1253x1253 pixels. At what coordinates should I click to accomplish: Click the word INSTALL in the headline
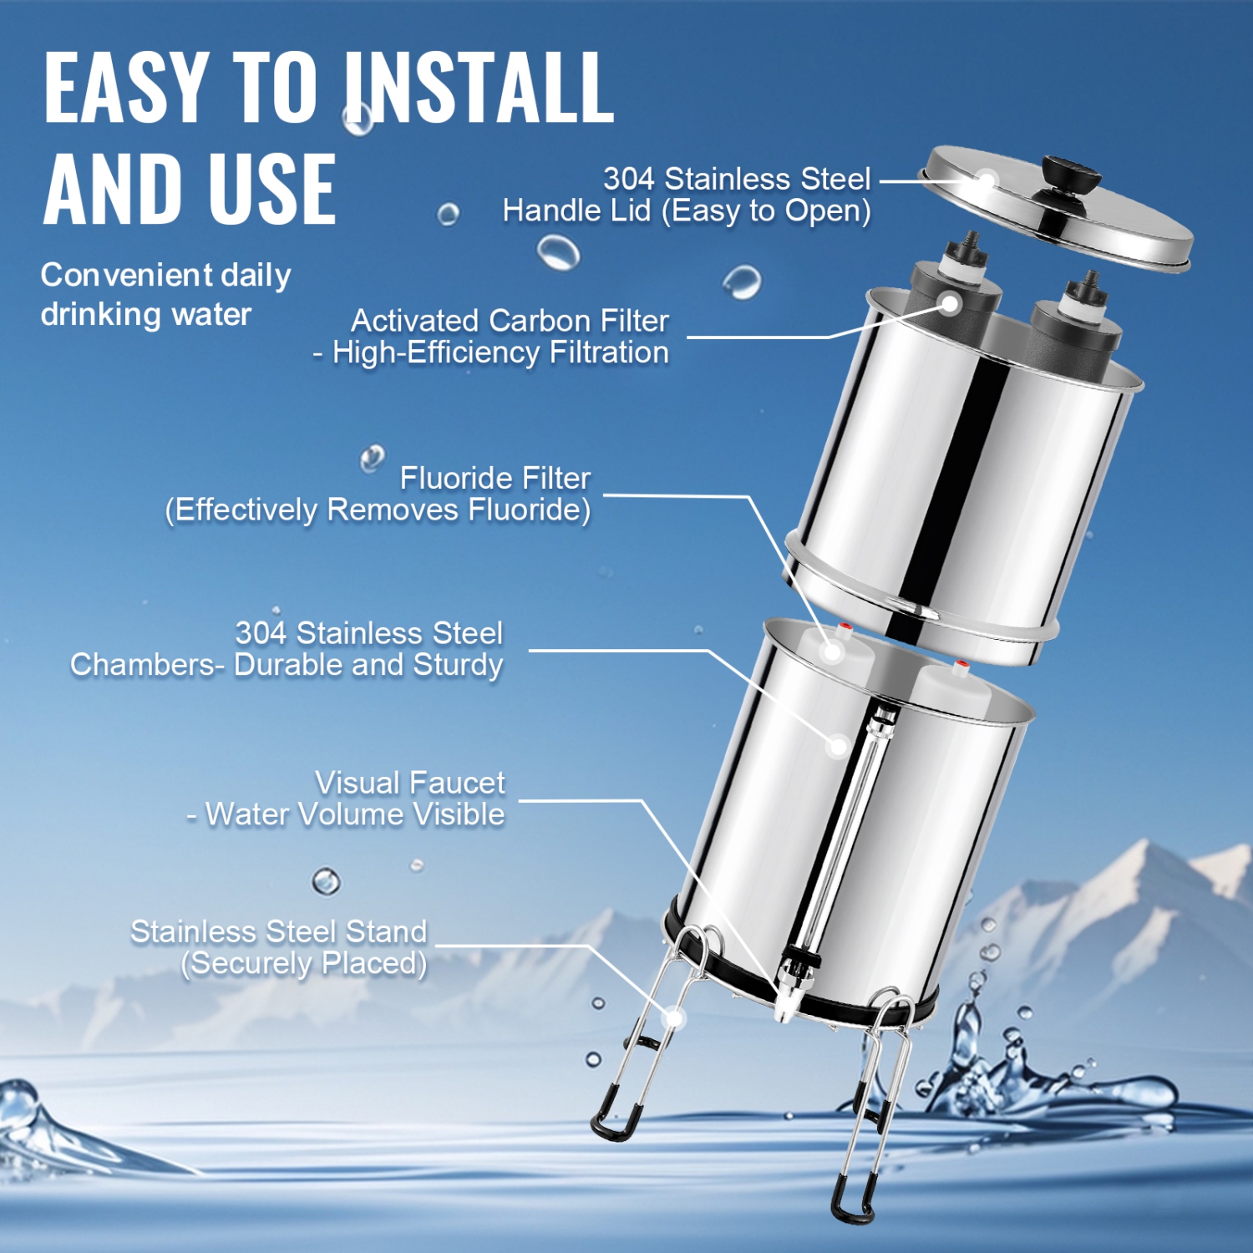point(479,88)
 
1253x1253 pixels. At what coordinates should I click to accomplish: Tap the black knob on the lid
point(1069,172)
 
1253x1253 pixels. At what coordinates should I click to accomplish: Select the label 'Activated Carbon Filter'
point(510,321)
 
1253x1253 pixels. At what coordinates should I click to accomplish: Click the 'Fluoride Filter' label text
point(495,479)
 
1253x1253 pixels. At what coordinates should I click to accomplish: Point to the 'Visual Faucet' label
point(409,784)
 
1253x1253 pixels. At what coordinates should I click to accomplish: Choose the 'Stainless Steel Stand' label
point(278,931)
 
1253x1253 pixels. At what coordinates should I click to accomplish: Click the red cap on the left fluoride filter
point(845,626)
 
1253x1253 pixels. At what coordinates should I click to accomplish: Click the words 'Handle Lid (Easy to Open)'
point(686,211)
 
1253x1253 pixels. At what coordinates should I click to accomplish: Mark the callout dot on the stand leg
point(673,1018)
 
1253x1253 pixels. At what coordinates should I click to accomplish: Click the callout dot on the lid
point(987,180)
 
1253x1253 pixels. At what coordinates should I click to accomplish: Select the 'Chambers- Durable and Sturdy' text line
point(286,665)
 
